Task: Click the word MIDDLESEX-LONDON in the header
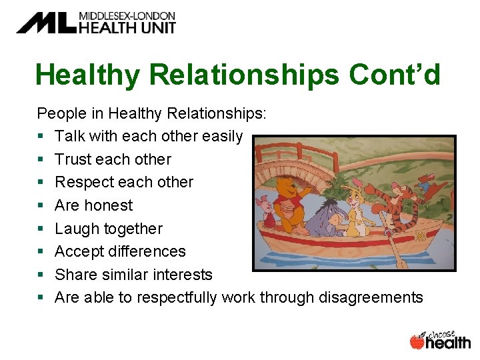pyautogui.click(x=127, y=15)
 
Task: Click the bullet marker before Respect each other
pyautogui.click(x=41, y=183)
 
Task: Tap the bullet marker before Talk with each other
pyautogui.click(x=41, y=137)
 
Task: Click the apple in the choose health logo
pyautogui.click(x=417, y=341)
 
